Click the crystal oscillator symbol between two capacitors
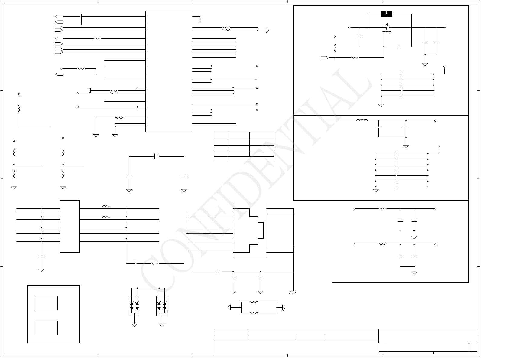click(x=156, y=156)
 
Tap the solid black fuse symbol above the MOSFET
click(x=387, y=14)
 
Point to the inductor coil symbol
click(x=362, y=120)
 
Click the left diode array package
click(x=135, y=306)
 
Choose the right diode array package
click(x=162, y=306)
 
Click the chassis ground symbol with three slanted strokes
click(x=293, y=292)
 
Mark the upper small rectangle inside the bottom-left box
click(x=47, y=303)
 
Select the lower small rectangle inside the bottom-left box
click(x=47, y=328)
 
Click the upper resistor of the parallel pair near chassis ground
click(x=254, y=302)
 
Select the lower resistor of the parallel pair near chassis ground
click(x=254, y=313)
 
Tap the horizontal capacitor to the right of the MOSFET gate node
click(x=399, y=47)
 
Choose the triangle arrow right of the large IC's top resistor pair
click(x=267, y=30)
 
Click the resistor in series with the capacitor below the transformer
click(x=155, y=263)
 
